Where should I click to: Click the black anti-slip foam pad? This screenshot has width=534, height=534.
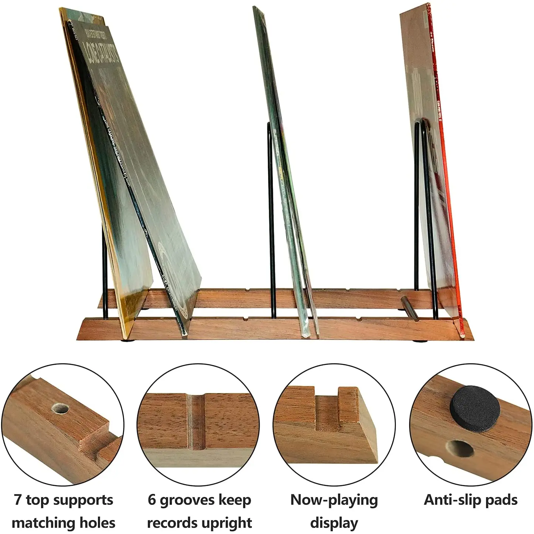pyautogui.click(x=475, y=409)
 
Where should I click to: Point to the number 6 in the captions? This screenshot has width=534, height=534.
pyautogui.click(x=152, y=500)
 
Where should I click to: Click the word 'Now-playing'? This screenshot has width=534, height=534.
pyautogui.click(x=334, y=500)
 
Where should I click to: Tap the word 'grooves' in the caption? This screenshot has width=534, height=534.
pyautogui.click(x=186, y=500)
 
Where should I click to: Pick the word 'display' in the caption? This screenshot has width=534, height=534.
pyautogui.click(x=334, y=523)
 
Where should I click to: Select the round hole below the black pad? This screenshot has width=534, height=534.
pyautogui.click(x=461, y=449)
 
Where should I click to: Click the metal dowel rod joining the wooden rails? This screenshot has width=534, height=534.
pyautogui.click(x=410, y=308)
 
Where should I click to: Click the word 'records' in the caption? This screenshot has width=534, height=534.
pyautogui.click(x=174, y=523)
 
